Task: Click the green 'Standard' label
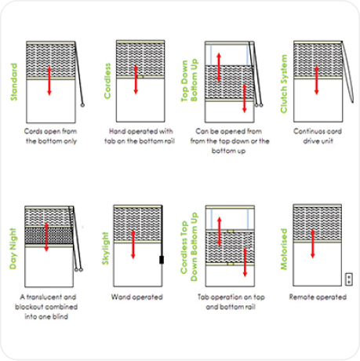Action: point(14,82)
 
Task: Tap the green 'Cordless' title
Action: point(107,81)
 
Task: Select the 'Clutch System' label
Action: point(284,84)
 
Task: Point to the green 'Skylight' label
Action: point(105,249)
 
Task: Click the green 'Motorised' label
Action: point(284,249)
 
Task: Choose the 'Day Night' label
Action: point(13,249)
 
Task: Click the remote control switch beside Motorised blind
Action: point(349,279)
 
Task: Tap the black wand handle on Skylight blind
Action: point(162,260)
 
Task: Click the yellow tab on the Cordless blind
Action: point(140,77)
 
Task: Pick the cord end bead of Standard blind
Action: point(82,105)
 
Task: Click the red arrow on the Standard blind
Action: point(49,81)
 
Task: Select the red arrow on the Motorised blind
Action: point(313,244)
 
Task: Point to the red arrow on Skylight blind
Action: point(133,244)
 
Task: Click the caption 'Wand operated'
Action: point(137,297)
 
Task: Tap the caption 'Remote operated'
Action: point(318,297)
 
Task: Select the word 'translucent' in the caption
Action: point(44,297)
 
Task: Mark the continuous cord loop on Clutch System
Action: point(348,72)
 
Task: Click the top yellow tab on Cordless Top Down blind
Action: point(230,232)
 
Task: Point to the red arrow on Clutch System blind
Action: point(317,80)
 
